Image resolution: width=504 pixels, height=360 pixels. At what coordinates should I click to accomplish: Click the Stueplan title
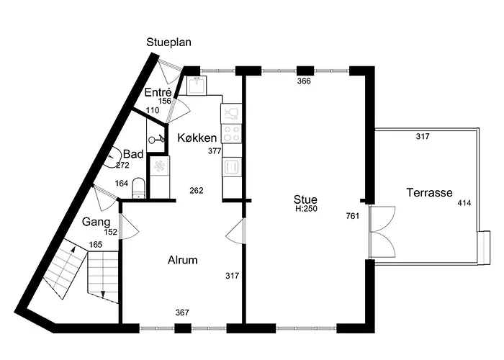(168, 42)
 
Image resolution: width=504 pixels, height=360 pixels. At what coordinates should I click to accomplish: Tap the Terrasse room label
(429, 192)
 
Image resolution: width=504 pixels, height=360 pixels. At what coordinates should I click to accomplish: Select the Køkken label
(197, 138)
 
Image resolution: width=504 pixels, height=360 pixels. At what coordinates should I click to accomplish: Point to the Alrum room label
(183, 260)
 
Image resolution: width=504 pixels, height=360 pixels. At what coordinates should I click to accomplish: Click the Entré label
(158, 92)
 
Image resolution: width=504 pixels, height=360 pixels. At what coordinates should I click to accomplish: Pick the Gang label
(96, 222)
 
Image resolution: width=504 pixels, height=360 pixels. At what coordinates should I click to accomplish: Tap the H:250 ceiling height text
(306, 209)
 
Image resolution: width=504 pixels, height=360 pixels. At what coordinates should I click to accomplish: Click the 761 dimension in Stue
(353, 216)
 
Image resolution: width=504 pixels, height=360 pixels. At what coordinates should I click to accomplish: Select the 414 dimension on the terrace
(464, 203)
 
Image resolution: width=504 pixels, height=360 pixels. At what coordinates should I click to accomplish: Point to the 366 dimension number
(304, 81)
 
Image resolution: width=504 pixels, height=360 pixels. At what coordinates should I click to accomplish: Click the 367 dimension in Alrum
(182, 312)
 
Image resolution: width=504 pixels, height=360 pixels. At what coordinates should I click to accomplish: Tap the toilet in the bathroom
(138, 188)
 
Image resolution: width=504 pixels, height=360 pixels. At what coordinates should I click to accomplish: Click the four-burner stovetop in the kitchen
(231, 134)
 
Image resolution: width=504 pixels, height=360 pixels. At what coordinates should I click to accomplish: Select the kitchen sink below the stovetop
(231, 167)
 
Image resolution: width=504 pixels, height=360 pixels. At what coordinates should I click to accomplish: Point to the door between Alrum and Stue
(236, 231)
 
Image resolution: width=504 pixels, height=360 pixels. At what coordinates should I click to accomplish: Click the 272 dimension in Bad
(122, 165)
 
